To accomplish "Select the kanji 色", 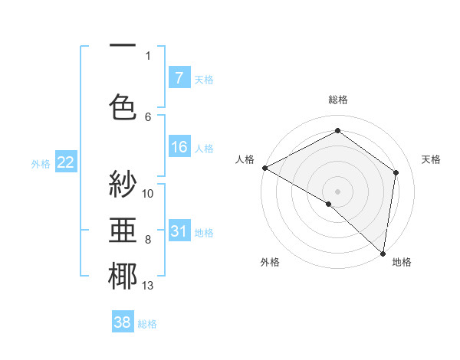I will pyautogui.click(x=123, y=106).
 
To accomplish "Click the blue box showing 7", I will pyautogui.click(x=179, y=77).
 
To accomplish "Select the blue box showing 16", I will pyautogui.click(x=179, y=147).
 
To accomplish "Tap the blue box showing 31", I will pyautogui.click(x=179, y=231).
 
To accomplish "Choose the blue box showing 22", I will pyautogui.click(x=66, y=162).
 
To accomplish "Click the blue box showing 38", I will pyautogui.click(x=123, y=322).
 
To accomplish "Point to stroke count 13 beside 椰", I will pyautogui.click(x=148, y=286).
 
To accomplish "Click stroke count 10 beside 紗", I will pyautogui.click(x=148, y=194).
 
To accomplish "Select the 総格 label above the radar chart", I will pyautogui.click(x=337, y=100).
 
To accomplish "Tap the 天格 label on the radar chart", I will pyautogui.click(x=431, y=159).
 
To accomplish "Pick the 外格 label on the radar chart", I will pyautogui.click(x=269, y=262).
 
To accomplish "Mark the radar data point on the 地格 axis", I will pyautogui.click(x=383, y=253).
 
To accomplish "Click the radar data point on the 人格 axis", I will pyautogui.click(x=264, y=168).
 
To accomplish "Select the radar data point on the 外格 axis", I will pyautogui.click(x=329, y=204).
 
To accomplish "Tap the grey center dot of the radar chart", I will pyautogui.click(x=337, y=191).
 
